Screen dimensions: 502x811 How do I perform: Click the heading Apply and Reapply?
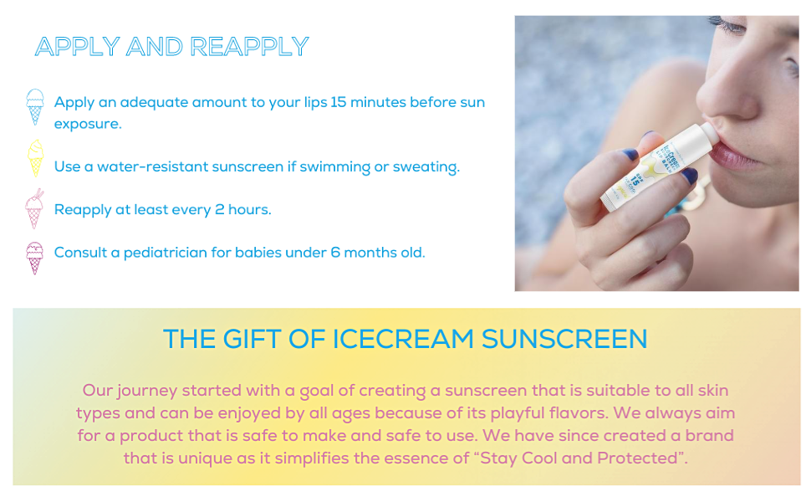click(171, 46)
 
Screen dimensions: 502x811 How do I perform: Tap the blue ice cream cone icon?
click(34, 106)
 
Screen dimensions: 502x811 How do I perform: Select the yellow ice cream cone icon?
click(34, 158)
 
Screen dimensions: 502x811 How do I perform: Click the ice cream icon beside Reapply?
click(34, 208)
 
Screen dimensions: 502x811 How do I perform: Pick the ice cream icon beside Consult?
click(34, 258)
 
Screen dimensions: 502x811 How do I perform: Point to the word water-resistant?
click(152, 166)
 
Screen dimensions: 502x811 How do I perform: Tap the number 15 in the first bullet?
click(338, 102)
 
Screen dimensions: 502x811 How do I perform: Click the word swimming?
click(334, 166)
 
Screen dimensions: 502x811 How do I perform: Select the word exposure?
click(88, 124)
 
